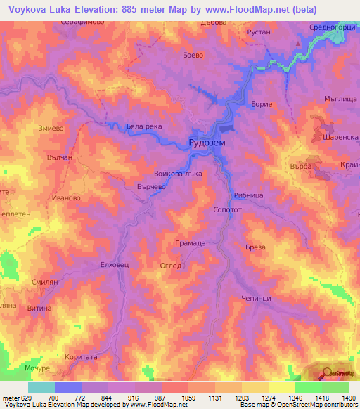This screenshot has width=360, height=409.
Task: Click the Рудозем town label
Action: pyautogui.click(x=207, y=143)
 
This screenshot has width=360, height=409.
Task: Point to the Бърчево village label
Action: pyautogui.click(x=151, y=187)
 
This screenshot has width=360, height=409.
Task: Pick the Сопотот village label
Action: pyautogui.click(x=227, y=209)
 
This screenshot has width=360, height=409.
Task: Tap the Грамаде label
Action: pyautogui.click(x=190, y=242)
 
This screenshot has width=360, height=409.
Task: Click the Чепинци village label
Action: pyautogui.click(x=256, y=297)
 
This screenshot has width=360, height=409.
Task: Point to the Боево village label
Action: pyautogui.click(x=193, y=54)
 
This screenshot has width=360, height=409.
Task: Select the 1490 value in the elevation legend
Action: pyautogui.click(x=348, y=398)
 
